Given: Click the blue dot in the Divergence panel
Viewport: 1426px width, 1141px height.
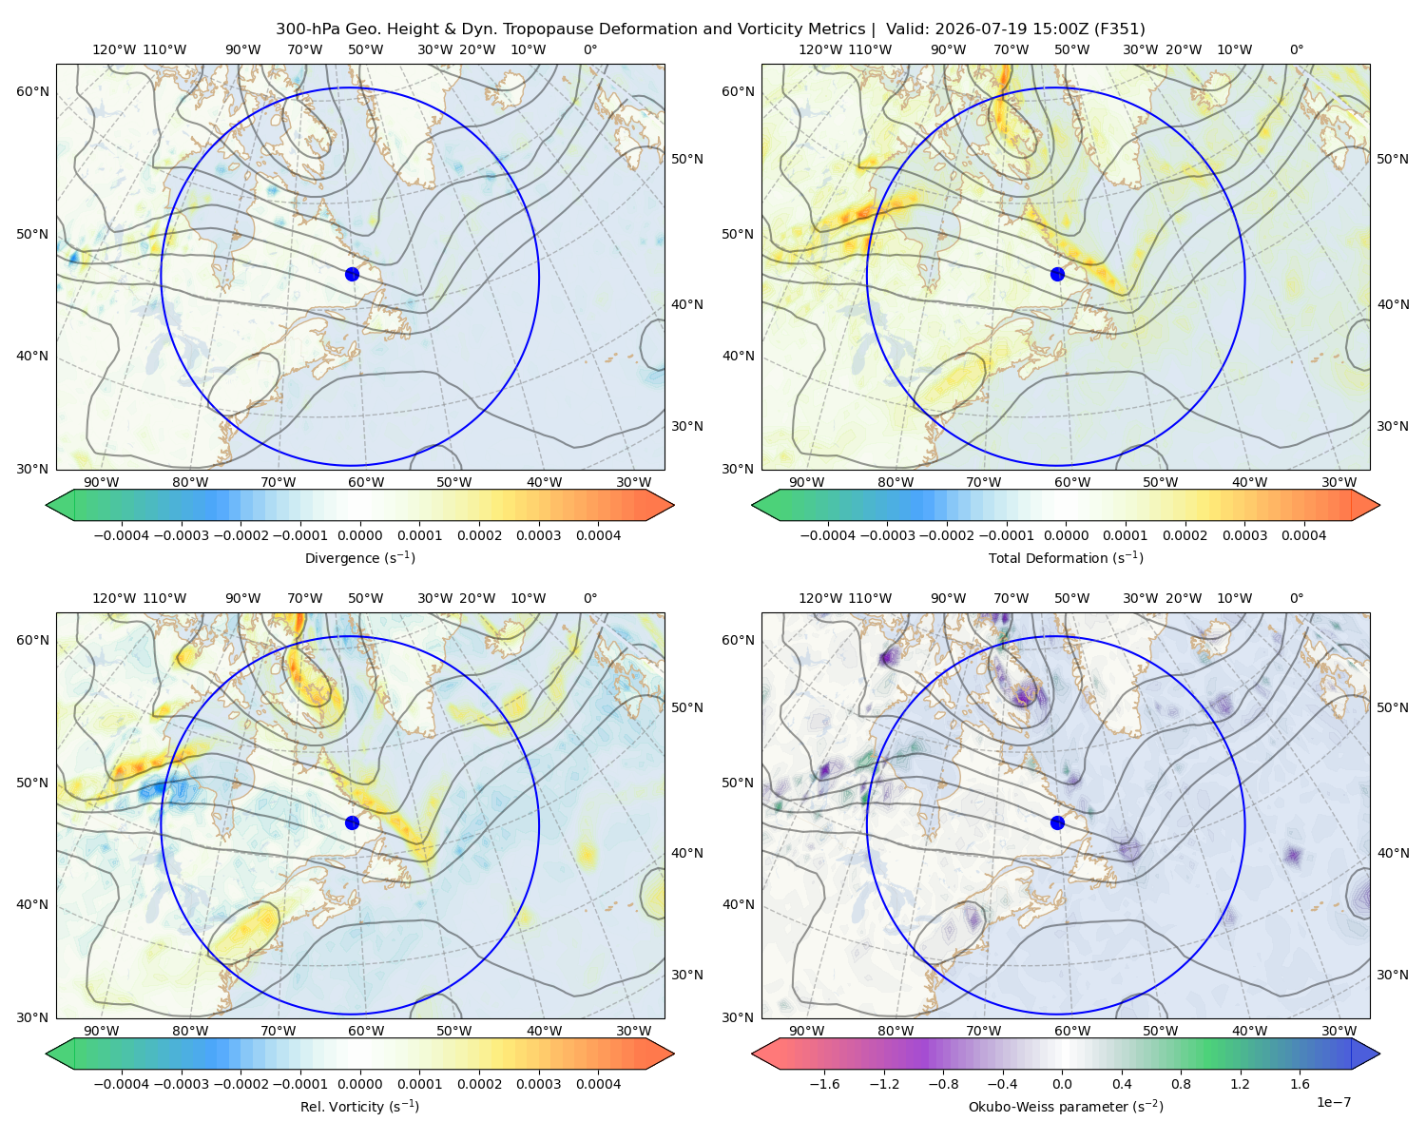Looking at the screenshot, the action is [352, 274].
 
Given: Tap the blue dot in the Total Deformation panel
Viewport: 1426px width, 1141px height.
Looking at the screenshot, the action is [1057, 274].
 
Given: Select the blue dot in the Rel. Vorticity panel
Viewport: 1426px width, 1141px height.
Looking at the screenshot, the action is [352, 822].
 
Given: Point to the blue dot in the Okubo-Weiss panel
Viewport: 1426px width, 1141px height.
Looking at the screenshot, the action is [1057, 822].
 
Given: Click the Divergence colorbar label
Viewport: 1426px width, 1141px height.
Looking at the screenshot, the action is [359, 557].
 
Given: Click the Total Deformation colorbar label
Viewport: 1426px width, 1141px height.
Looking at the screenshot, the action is [1066, 557].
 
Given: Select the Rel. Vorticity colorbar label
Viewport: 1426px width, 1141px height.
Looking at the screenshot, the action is [359, 1106].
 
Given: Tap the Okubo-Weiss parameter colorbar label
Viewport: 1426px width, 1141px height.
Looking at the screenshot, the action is [1066, 1106].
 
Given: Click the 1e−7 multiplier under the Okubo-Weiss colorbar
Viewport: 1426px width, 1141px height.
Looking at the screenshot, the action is [1333, 1102].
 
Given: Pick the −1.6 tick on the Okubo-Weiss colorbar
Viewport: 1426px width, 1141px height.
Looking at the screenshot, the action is [824, 1083].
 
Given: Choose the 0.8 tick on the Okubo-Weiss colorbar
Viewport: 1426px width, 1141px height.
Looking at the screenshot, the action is [1181, 1083].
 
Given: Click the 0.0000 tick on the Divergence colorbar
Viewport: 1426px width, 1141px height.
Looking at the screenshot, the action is [359, 535].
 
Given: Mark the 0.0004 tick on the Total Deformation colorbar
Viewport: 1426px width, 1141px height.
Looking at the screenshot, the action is [1304, 535].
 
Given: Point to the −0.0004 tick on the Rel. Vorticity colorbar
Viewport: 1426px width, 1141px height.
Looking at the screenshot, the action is [122, 1083].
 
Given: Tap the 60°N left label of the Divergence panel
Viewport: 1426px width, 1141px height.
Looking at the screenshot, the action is [32, 91].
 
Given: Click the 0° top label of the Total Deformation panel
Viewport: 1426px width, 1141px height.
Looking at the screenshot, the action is [1296, 49].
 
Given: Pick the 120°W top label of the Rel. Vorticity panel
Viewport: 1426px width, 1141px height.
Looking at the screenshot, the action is [114, 598].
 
